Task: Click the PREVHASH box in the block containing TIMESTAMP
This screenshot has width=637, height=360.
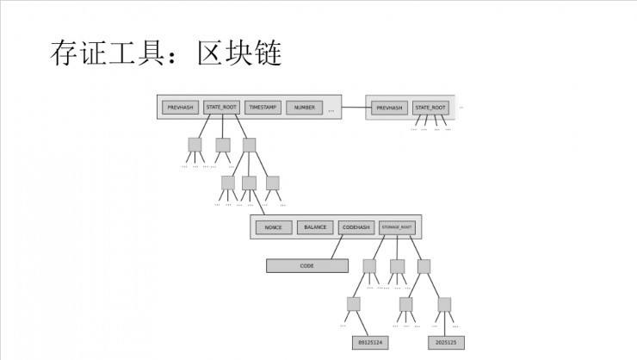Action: point(181,108)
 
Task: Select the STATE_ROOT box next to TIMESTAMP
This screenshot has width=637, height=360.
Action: point(221,108)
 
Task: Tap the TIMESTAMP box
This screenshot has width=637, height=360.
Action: point(263,108)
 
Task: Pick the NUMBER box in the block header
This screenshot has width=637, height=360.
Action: point(304,108)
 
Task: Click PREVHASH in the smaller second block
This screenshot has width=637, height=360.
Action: point(390,109)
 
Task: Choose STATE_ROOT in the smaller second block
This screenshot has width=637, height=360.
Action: point(430,109)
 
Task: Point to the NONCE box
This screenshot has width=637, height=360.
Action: point(273,227)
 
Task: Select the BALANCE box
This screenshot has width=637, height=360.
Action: point(315,227)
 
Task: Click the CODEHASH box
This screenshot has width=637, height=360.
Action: point(356,227)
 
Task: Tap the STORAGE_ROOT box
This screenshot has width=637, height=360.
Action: point(398,227)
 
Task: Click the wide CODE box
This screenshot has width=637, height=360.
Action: point(306,266)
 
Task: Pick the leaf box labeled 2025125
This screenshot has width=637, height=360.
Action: point(447,342)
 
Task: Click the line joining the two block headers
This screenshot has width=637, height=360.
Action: point(354,108)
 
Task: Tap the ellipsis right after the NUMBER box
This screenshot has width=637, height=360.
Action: point(331,110)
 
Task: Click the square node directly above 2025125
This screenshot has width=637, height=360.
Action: point(444,304)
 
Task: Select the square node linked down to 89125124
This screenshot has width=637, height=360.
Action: point(353,304)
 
